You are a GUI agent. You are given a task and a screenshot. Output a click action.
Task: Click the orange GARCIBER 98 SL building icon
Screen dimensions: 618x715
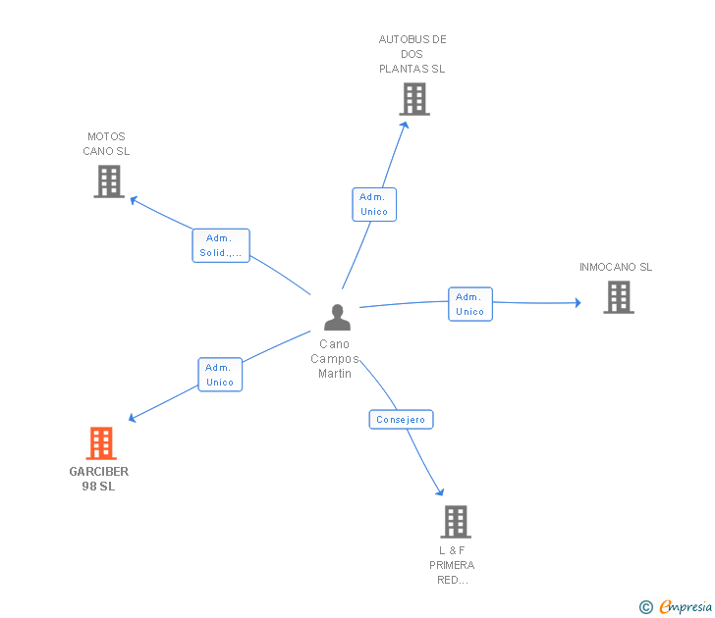(x=101, y=443)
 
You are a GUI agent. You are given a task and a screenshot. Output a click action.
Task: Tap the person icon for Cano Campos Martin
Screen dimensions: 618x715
(x=337, y=317)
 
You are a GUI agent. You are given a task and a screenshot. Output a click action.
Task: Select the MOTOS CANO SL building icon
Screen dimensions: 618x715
(x=109, y=181)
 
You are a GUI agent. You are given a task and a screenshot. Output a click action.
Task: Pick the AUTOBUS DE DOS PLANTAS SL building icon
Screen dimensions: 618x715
(x=414, y=99)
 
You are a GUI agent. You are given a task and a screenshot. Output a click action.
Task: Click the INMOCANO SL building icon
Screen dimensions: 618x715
(x=618, y=296)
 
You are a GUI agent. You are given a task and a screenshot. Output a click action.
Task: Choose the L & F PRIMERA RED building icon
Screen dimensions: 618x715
(x=456, y=521)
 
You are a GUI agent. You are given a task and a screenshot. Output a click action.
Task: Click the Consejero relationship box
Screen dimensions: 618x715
(x=401, y=419)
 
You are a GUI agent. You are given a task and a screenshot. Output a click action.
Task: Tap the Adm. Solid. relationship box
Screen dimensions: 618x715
(x=221, y=245)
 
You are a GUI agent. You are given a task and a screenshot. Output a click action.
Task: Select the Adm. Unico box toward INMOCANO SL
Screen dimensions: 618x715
(x=470, y=304)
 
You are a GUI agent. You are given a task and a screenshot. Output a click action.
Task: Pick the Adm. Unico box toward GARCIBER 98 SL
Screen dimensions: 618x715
(x=220, y=375)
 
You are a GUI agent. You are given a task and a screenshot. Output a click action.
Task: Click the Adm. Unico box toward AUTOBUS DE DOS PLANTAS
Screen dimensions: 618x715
(x=374, y=204)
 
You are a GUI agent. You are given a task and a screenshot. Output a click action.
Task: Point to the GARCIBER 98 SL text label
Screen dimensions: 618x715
(x=99, y=479)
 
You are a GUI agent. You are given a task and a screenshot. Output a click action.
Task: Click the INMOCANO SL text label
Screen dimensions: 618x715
(x=616, y=267)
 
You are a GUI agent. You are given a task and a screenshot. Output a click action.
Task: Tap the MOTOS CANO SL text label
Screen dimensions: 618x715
(x=106, y=144)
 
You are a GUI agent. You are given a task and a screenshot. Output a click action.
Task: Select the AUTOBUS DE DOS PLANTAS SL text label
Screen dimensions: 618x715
(x=412, y=54)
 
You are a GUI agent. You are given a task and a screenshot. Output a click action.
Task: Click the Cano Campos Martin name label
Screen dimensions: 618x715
(x=335, y=359)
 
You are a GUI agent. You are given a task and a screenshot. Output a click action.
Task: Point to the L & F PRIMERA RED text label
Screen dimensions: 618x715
(x=452, y=565)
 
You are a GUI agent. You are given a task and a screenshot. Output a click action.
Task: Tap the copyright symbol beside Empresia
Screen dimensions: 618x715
(x=646, y=607)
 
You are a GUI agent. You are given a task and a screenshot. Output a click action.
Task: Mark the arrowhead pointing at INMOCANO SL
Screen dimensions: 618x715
(x=577, y=302)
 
